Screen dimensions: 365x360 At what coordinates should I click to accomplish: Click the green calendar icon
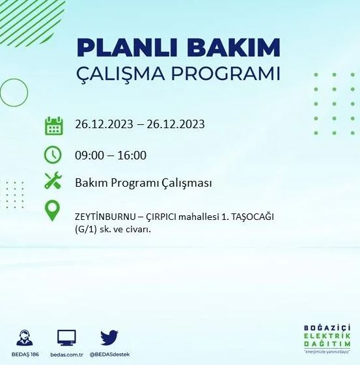(53, 125)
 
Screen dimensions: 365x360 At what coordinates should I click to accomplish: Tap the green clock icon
(53, 154)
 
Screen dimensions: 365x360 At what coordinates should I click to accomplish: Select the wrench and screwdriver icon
(53, 182)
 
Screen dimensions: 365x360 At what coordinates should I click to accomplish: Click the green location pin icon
(53, 210)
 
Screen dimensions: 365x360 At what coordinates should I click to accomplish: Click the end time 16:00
(133, 155)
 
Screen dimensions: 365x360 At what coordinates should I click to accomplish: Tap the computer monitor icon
(66, 338)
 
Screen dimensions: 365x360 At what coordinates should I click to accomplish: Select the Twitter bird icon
(109, 338)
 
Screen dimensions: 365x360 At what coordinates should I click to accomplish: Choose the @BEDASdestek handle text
(109, 355)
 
